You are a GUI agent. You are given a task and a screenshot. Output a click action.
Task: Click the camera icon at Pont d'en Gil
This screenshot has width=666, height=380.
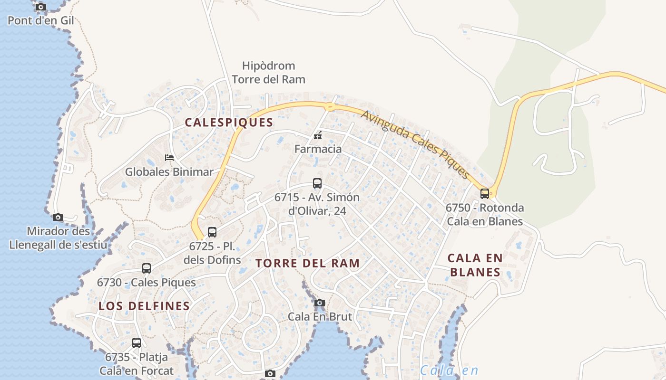[x=41, y=7]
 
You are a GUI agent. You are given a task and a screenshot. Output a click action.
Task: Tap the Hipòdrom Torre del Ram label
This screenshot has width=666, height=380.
[x=268, y=72]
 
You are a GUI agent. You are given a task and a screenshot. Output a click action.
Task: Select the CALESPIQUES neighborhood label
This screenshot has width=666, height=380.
[x=229, y=123]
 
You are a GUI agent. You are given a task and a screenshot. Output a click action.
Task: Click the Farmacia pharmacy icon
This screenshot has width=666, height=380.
[x=318, y=136]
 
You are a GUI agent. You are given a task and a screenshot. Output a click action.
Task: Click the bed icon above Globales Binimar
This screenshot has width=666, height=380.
[x=169, y=157]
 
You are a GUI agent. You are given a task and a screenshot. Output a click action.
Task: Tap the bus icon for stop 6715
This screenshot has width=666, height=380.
[x=317, y=183]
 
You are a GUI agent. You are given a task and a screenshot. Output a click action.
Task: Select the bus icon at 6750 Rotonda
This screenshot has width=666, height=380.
[x=485, y=193]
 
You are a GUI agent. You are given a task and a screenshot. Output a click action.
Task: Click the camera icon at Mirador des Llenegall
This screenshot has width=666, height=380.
[x=58, y=217]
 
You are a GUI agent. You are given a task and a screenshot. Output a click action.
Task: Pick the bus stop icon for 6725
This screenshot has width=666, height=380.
[x=212, y=232]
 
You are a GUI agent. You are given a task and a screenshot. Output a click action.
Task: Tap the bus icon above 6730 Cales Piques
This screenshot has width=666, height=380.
[x=147, y=268]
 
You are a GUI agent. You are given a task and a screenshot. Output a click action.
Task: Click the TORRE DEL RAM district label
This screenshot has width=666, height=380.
[x=307, y=263]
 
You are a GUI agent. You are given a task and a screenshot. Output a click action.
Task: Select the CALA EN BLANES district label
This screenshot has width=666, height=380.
[x=475, y=265]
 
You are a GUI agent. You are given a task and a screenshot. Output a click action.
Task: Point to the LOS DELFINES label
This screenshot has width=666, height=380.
[x=144, y=306]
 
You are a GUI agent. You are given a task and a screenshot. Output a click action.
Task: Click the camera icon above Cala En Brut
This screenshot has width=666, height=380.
[x=320, y=303]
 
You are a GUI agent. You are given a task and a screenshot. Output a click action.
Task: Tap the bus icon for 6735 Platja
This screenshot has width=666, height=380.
[x=137, y=342]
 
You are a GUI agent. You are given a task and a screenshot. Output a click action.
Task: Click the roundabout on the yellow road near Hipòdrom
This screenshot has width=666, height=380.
[x=329, y=106]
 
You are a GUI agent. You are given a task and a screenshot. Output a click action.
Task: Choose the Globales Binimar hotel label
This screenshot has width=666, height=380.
[x=169, y=172]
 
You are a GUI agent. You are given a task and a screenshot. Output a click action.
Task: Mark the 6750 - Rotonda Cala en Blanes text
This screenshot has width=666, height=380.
[x=485, y=215]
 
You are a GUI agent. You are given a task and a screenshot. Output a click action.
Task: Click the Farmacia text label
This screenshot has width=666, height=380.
[x=318, y=149]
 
